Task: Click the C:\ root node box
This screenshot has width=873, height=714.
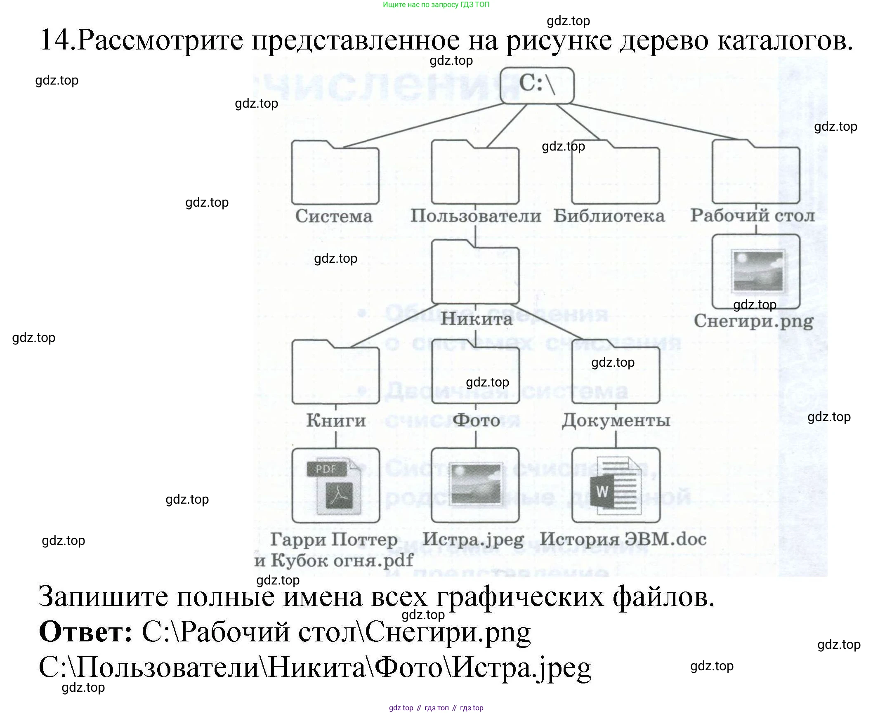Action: (537, 85)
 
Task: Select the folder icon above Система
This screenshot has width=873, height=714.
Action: (335, 173)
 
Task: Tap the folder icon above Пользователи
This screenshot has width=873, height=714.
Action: (475, 173)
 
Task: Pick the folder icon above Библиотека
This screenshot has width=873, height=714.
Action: (616, 173)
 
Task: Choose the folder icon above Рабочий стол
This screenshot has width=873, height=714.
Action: (756, 173)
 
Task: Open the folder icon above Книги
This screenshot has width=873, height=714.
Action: (335, 373)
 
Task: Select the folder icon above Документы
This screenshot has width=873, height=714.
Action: (616, 373)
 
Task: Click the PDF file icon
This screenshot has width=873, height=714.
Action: (335, 485)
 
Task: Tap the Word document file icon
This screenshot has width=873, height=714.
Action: (616, 485)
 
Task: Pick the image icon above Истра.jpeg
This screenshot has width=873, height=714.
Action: (475, 485)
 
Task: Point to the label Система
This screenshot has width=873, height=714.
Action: (334, 216)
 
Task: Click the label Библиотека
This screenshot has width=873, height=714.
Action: (609, 216)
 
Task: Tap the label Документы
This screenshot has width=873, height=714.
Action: (616, 420)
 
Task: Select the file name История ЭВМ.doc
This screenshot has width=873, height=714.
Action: (623, 539)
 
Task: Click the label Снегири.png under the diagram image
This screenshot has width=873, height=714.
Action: (753, 321)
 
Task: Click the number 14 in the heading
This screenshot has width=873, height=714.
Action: (57, 40)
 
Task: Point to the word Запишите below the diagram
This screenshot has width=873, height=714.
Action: (103, 596)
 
